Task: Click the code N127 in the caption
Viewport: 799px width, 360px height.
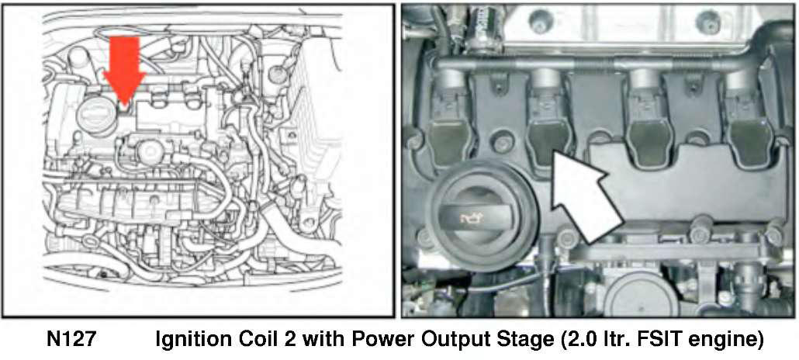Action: [x=71, y=340]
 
